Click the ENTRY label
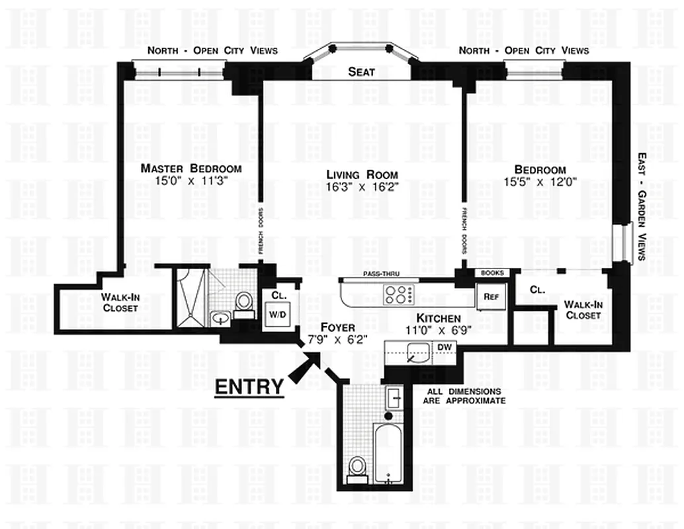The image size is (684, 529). pyautogui.click(x=249, y=386)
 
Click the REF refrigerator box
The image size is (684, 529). pyautogui.click(x=490, y=298)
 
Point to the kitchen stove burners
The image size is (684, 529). pyautogui.click(x=398, y=293)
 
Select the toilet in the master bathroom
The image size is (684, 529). pyautogui.click(x=243, y=305)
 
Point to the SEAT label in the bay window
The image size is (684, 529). pyautogui.click(x=361, y=72)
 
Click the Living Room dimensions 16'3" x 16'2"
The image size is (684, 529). pyautogui.click(x=362, y=186)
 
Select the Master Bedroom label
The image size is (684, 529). pyautogui.click(x=191, y=169)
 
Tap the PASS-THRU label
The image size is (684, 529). pyautogui.click(x=381, y=274)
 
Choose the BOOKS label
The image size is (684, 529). pyautogui.click(x=492, y=272)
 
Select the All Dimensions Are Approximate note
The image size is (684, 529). pyautogui.click(x=466, y=396)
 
